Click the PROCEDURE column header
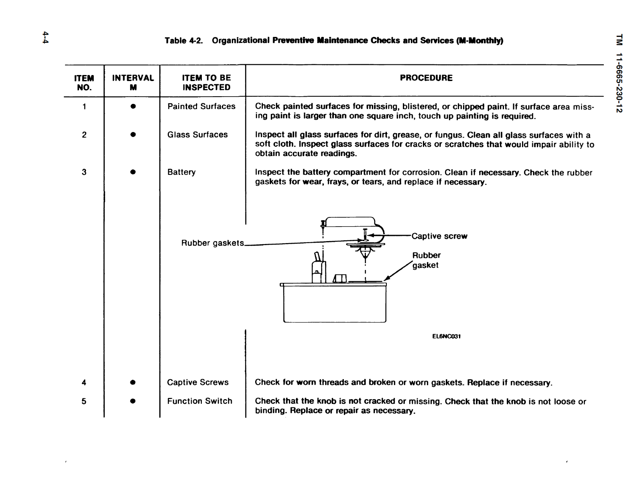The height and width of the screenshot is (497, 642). (426, 78)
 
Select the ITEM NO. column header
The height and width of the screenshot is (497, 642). (84, 83)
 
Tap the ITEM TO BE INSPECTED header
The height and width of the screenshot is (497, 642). (206, 83)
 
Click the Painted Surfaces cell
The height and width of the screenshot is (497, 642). (201, 106)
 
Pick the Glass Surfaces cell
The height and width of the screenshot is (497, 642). (197, 135)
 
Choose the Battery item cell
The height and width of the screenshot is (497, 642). (181, 172)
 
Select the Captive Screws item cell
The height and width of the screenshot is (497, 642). (197, 382)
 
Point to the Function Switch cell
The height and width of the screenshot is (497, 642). (199, 401)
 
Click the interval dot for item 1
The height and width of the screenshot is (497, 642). (132, 107)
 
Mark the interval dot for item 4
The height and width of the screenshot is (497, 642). (132, 382)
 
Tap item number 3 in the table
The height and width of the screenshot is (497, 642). (84, 172)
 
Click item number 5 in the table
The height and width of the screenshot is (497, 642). (84, 401)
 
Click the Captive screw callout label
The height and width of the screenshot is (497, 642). (439, 236)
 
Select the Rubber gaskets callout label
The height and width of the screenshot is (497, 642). (212, 243)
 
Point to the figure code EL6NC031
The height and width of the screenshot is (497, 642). (446, 336)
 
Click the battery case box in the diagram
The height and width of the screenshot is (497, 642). (335, 304)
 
